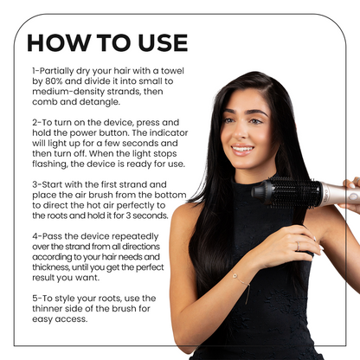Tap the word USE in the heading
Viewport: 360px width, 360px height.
(163, 43)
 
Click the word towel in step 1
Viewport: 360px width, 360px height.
(172, 71)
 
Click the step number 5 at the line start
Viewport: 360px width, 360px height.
(35, 299)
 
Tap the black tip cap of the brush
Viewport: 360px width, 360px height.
(261, 190)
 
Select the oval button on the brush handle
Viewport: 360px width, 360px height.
(353, 197)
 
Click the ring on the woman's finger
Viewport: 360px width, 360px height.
(298, 246)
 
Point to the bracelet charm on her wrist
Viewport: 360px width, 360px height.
(235, 276)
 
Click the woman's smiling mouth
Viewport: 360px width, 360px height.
(242, 150)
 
